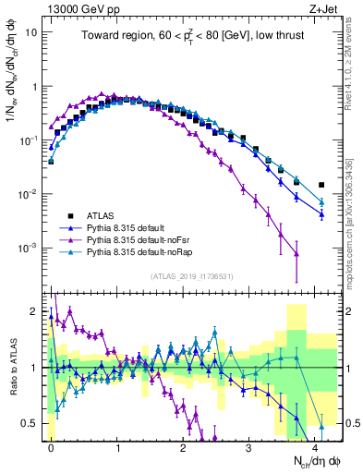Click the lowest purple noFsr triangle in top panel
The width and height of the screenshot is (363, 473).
[296, 253]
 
